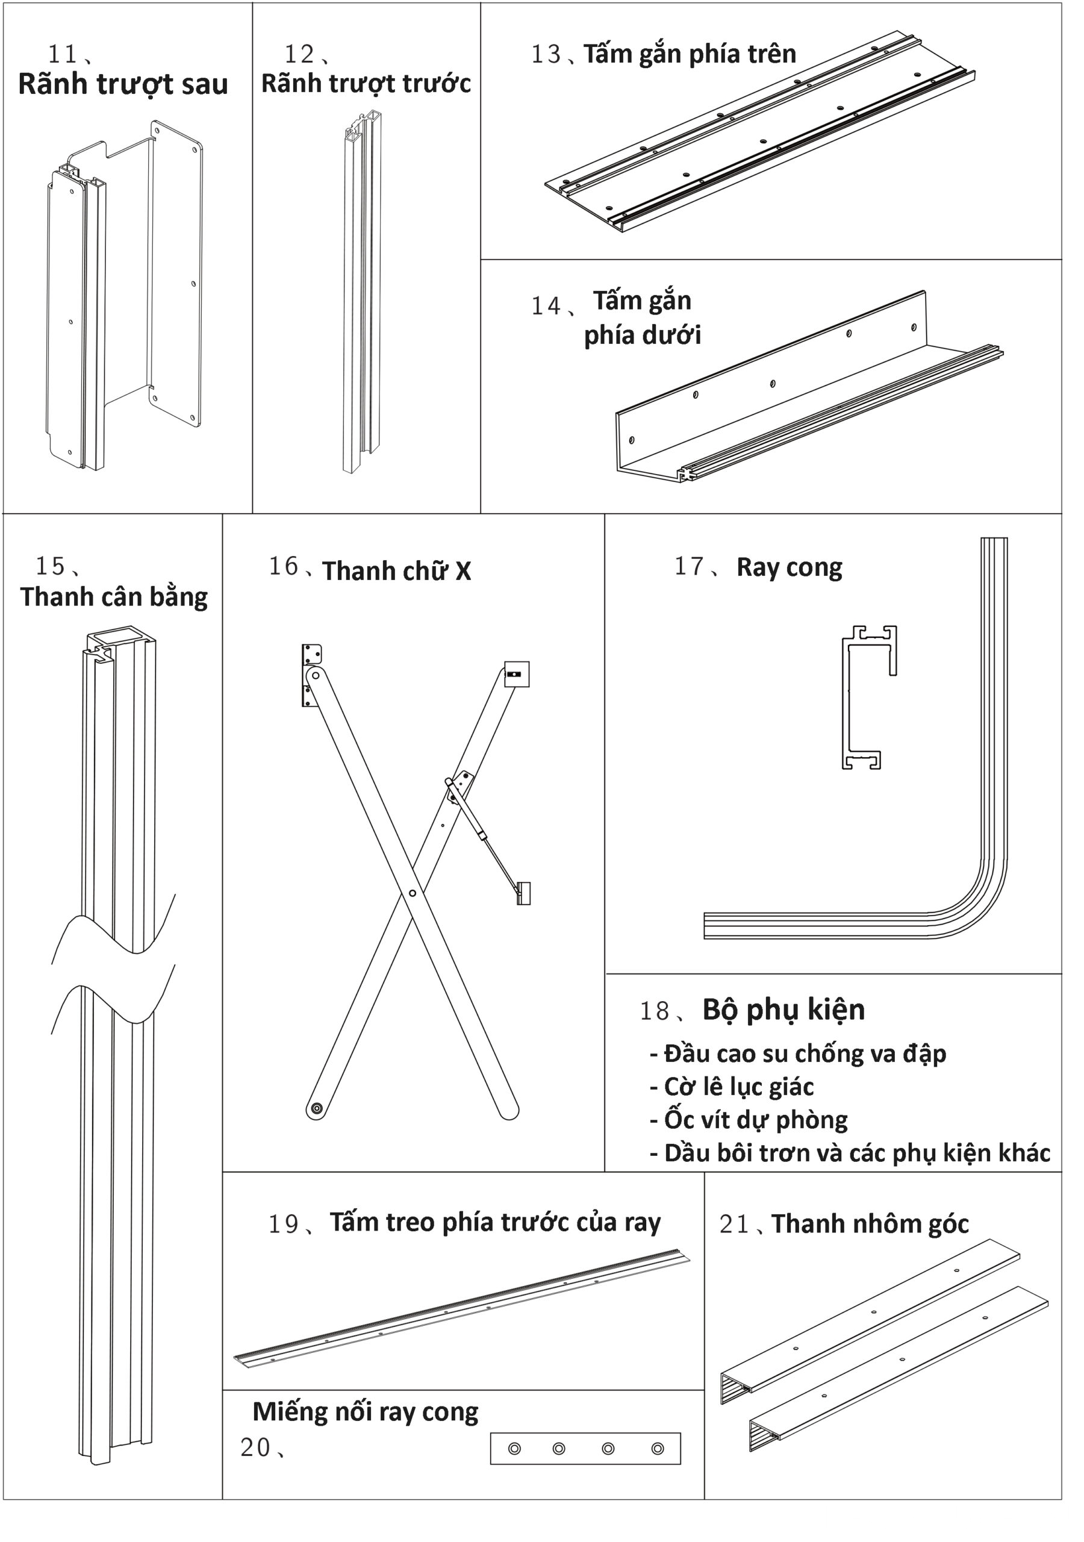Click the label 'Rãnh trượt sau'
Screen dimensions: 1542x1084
(x=123, y=84)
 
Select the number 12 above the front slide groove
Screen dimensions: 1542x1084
(x=299, y=54)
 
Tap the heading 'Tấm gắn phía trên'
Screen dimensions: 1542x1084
(x=689, y=54)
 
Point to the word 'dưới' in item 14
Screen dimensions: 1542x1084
(x=674, y=335)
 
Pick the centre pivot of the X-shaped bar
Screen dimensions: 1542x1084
(x=413, y=893)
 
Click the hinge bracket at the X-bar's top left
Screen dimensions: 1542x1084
(x=310, y=675)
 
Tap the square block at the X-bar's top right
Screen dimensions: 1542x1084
(x=517, y=674)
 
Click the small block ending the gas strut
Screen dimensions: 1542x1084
(x=524, y=894)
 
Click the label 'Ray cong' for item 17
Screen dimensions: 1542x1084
(x=789, y=567)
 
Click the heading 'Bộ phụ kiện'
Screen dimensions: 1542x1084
(x=783, y=1010)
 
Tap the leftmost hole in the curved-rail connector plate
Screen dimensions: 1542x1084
(x=514, y=1449)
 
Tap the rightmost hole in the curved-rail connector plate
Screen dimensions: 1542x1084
(x=658, y=1449)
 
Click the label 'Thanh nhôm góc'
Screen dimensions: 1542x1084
(x=870, y=1225)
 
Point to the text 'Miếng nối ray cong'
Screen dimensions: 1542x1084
(x=366, y=1412)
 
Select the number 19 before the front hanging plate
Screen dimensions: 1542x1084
(x=283, y=1225)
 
